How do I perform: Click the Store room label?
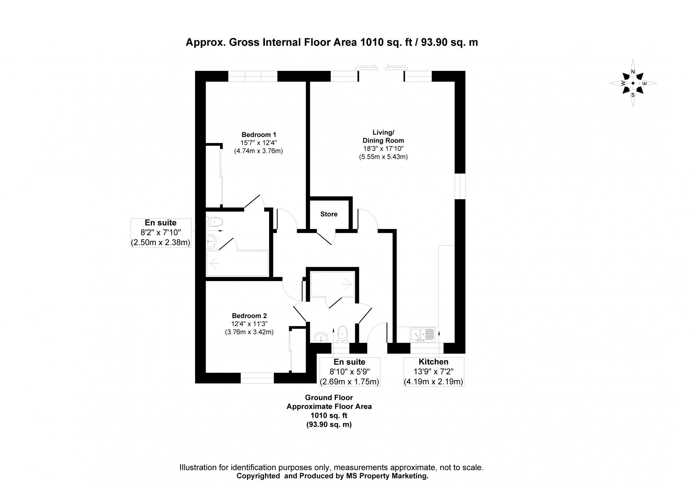(x=329, y=214)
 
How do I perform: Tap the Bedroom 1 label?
(x=258, y=135)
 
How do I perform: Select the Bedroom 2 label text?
(x=249, y=316)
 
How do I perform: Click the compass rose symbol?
(x=633, y=83)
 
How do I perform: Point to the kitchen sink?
(x=422, y=335)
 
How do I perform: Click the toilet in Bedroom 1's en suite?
(x=214, y=221)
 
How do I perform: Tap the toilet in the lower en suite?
(x=342, y=334)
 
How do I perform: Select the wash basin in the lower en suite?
(x=321, y=337)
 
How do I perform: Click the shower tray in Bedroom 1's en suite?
(x=237, y=264)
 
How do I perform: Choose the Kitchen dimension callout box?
(x=434, y=372)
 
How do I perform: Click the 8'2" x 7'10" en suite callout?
(x=161, y=233)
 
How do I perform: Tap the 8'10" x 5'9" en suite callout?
(x=349, y=372)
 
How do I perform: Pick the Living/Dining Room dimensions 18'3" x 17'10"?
(x=383, y=149)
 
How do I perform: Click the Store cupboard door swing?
(x=326, y=238)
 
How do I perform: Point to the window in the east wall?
(x=460, y=186)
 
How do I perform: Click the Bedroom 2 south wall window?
(x=257, y=378)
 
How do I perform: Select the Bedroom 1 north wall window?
(x=253, y=76)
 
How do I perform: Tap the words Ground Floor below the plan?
(x=329, y=398)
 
